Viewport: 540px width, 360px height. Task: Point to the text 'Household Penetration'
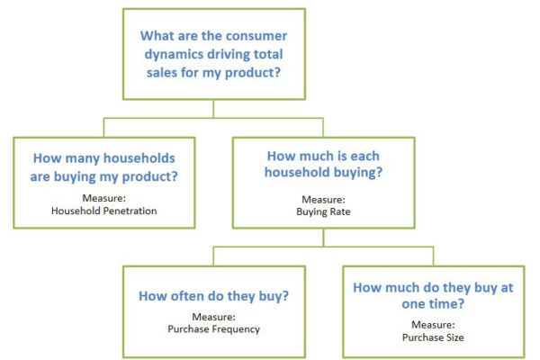coord(104,211)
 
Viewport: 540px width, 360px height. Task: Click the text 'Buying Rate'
coord(323,211)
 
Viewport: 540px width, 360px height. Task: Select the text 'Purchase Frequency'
coord(213,329)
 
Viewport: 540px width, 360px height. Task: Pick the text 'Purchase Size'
coord(433,337)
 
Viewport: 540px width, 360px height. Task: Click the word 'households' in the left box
coord(139,158)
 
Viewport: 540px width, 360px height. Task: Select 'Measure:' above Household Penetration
coord(104,198)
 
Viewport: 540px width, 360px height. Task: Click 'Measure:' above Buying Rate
coord(323,200)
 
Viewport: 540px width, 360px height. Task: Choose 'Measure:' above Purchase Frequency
coord(213,317)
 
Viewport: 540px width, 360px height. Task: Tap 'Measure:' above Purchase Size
coord(433,325)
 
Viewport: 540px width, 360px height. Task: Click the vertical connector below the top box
coord(213,109)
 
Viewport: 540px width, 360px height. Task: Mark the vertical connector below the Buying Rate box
coord(323,238)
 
